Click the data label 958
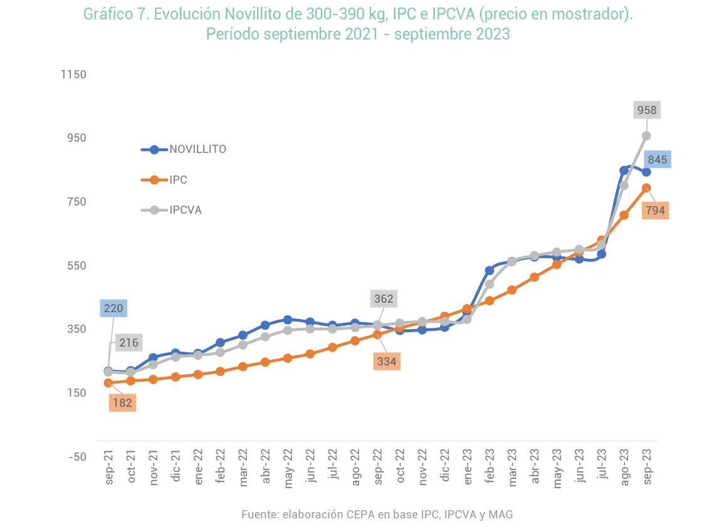click(x=646, y=111)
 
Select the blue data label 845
click(x=657, y=159)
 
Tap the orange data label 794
click(x=655, y=211)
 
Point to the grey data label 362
click(x=384, y=299)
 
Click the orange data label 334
click(x=386, y=362)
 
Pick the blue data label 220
click(x=113, y=308)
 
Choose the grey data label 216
click(x=129, y=343)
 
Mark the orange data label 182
click(x=122, y=402)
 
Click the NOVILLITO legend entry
click(x=197, y=149)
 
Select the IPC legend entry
click(x=178, y=180)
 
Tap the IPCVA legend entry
click(x=185, y=210)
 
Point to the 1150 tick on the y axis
click(x=73, y=75)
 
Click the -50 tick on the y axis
click(x=77, y=456)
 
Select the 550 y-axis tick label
click(x=76, y=265)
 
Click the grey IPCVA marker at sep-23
click(x=646, y=135)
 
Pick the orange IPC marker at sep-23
click(x=646, y=188)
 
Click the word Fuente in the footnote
click(x=259, y=515)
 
